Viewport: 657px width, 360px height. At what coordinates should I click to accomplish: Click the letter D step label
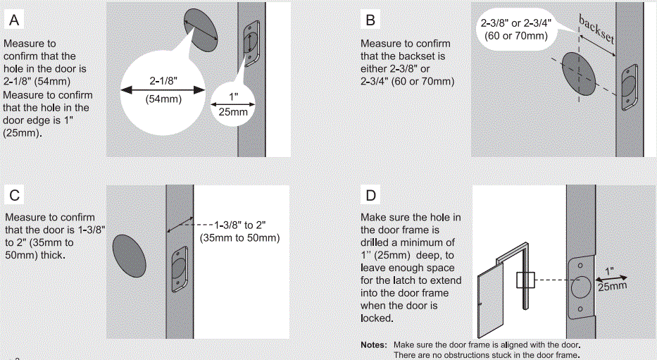[x=370, y=195]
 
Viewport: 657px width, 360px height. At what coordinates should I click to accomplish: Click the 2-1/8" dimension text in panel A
[x=163, y=81]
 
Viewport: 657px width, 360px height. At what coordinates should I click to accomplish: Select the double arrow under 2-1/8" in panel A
[x=162, y=90]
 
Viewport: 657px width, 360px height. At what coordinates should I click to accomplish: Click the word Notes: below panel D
[x=373, y=345]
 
